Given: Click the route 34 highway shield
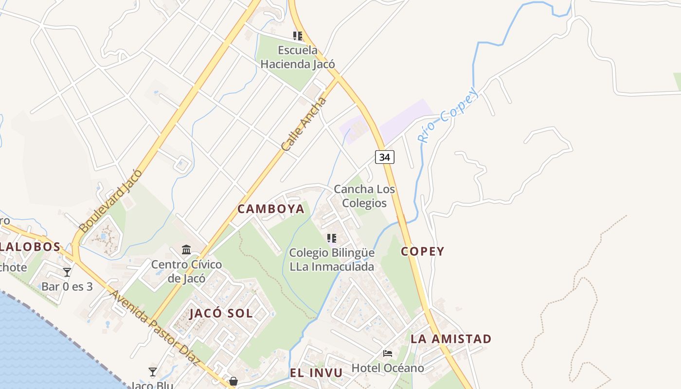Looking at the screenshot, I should pyautogui.click(x=384, y=157).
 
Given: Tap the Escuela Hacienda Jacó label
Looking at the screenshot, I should pyautogui.click(x=298, y=57).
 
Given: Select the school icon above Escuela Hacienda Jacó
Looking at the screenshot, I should pyautogui.click(x=298, y=35).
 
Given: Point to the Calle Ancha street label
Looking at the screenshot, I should pyautogui.click(x=304, y=124).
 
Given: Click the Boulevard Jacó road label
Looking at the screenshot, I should pyautogui.click(x=110, y=201).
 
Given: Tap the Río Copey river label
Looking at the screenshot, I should pyautogui.click(x=448, y=116).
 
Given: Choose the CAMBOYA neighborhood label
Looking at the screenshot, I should pyautogui.click(x=271, y=209).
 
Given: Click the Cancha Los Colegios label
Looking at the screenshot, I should pyautogui.click(x=364, y=196).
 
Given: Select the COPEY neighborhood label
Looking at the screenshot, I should pyautogui.click(x=422, y=251).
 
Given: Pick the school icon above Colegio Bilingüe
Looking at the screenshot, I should pyautogui.click(x=332, y=238).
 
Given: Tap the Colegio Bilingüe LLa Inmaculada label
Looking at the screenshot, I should pyautogui.click(x=332, y=260).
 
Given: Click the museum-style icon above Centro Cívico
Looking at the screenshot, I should pyautogui.click(x=186, y=250).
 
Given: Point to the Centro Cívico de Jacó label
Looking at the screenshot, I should pyautogui.click(x=186, y=271).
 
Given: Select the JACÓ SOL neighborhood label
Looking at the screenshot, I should pyautogui.click(x=221, y=314).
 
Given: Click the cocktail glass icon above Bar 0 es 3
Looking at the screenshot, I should pyautogui.click(x=67, y=272).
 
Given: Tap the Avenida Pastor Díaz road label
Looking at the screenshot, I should pyautogui.click(x=155, y=328).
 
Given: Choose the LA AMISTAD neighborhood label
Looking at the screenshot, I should pyautogui.click(x=451, y=339).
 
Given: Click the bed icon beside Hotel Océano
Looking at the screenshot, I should pyautogui.click(x=388, y=353).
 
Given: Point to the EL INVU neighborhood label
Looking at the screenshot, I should pyautogui.click(x=316, y=373).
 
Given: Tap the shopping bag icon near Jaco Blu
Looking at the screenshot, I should pyautogui.click(x=233, y=381).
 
